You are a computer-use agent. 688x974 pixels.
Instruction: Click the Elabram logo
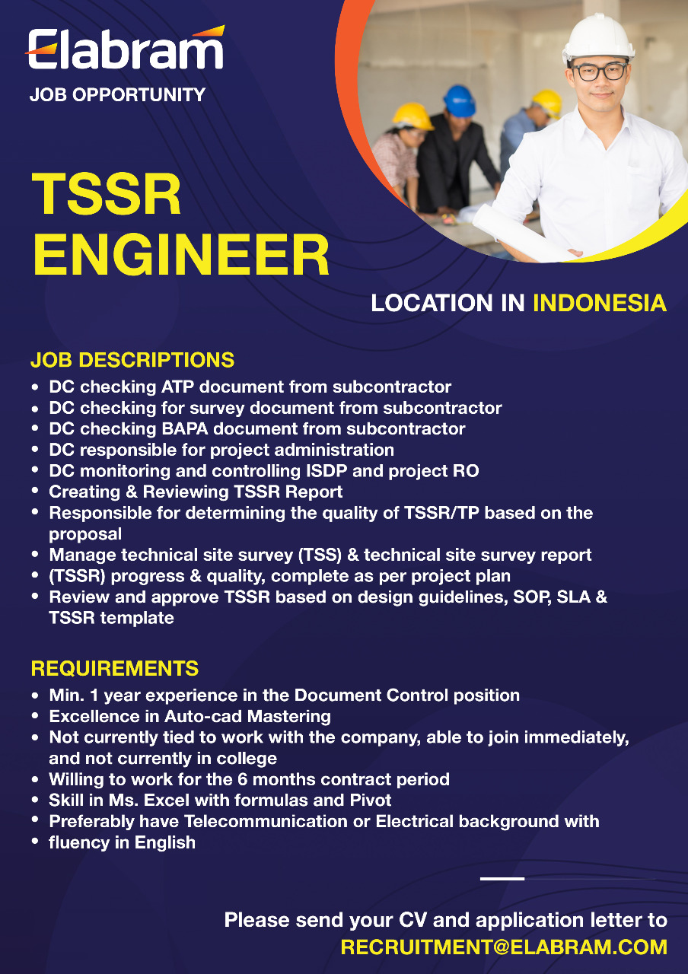click(x=126, y=47)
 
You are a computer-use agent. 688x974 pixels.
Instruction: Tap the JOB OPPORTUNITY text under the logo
click(x=117, y=95)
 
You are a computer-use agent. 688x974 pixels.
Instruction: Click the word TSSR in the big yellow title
click(x=107, y=194)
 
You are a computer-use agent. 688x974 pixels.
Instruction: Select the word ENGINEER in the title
click(x=181, y=255)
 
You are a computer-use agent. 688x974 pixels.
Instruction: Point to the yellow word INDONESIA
click(x=600, y=303)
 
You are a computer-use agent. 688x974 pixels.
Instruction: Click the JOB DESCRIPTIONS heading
click(x=132, y=360)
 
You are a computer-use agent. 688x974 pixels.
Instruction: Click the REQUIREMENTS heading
click(x=115, y=668)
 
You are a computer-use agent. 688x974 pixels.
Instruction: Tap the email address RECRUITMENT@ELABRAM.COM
click(x=504, y=947)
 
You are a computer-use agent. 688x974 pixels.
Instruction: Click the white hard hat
click(x=598, y=38)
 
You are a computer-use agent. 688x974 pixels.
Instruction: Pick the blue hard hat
click(x=459, y=100)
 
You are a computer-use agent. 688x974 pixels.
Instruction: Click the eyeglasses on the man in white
click(x=599, y=72)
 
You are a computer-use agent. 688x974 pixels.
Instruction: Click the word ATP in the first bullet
click(x=177, y=387)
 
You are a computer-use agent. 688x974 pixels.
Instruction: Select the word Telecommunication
click(x=266, y=821)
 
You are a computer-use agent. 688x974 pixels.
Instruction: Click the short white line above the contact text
click(x=502, y=879)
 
